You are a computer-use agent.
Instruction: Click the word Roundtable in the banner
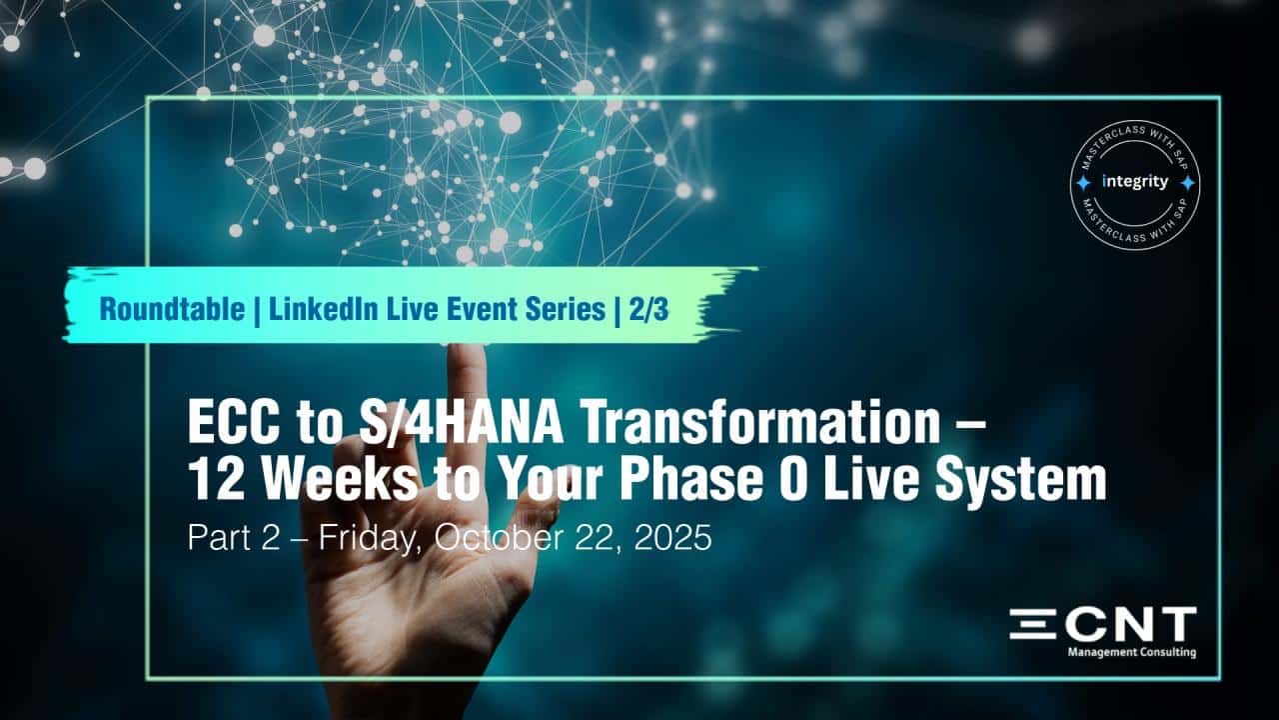click(x=172, y=310)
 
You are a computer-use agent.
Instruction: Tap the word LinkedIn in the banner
click(x=323, y=310)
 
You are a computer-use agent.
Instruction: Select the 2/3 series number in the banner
click(x=648, y=310)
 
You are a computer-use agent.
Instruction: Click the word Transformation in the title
click(x=760, y=422)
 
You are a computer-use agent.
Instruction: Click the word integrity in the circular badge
click(x=1135, y=182)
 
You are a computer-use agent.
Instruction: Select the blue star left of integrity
click(x=1082, y=183)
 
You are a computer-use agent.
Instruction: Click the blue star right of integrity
click(x=1188, y=183)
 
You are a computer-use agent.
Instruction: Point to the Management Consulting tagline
click(x=1132, y=652)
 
